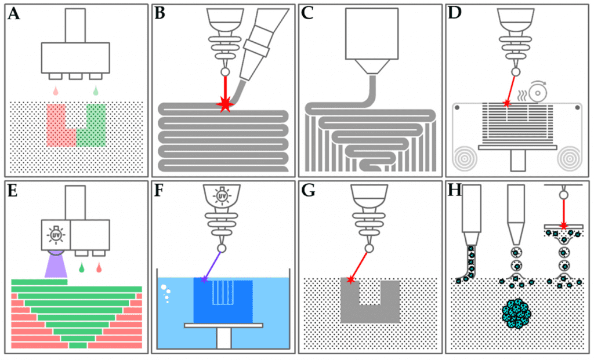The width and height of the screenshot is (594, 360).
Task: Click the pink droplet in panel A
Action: pyautogui.click(x=55, y=91)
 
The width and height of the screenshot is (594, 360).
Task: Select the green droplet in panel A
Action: pyautogui.click(x=96, y=91)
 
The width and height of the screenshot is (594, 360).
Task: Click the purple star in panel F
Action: pyautogui.click(x=204, y=279)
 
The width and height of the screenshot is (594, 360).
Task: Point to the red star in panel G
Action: pyautogui.click(x=350, y=280)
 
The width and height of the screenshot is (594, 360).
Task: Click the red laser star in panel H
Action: pyautogui.click(x=562, y=225)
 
